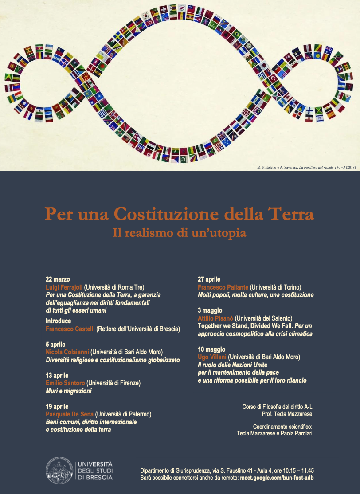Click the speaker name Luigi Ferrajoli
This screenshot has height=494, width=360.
(x=64, y=287)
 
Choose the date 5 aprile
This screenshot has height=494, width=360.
(x=55, y=345)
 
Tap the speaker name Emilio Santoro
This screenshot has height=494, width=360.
(x=65, y=383)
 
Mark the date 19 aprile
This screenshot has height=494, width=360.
(x=57, y=407)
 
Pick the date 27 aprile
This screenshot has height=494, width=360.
(x=209, y=279)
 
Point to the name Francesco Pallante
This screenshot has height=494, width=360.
(x=223, y=287)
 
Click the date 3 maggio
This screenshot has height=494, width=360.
(x=210, y=310)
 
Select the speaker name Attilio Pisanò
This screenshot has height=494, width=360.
(x=215, y=318)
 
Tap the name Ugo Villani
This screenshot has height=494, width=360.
(x=211, y=357)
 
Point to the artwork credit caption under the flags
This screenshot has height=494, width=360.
(x=305, y=167)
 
